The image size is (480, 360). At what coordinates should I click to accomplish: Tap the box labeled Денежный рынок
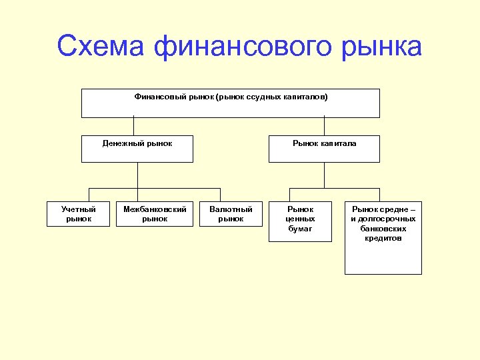coord(137,149)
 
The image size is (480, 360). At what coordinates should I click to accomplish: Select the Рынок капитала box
coord(324,149)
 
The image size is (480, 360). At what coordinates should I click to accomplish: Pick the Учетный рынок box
coord(79,213)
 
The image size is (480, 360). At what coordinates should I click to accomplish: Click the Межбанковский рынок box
coord(155,213)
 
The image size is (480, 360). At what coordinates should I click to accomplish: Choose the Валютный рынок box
coord(231,213)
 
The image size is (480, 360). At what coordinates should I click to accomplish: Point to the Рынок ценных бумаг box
coord(300,220)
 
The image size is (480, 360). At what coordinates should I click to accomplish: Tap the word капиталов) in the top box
coord(307,97)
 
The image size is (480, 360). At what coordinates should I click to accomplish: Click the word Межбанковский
coord(155,209)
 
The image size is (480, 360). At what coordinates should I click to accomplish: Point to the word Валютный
coord(231,209)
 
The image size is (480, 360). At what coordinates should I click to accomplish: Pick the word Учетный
coord(79,209)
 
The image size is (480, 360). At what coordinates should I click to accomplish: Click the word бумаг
coord(300,229)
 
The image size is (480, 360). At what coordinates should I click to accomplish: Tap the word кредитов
coord(383,238)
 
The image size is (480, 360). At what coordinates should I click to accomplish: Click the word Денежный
coord(123,143)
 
